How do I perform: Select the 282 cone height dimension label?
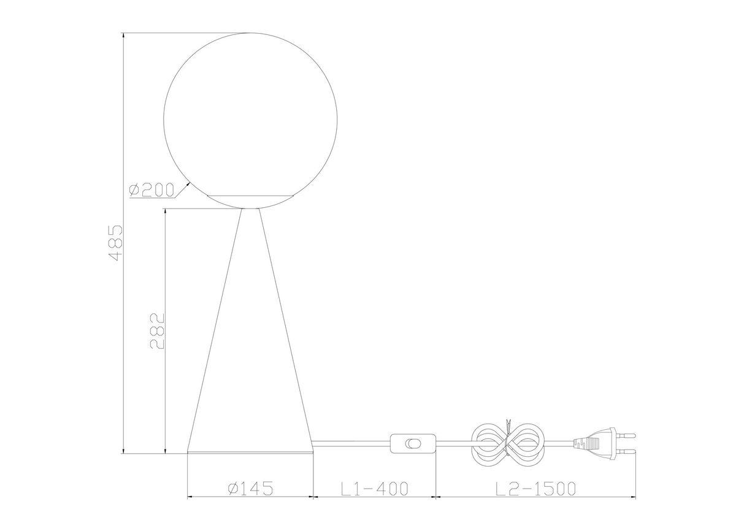point(157,331)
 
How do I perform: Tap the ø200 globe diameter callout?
point(151,190)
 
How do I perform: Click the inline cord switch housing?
point(413,444)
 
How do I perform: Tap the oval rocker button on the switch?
point(413,444)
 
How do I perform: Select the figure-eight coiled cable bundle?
point(508,444)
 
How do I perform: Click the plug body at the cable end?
point(598,443)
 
